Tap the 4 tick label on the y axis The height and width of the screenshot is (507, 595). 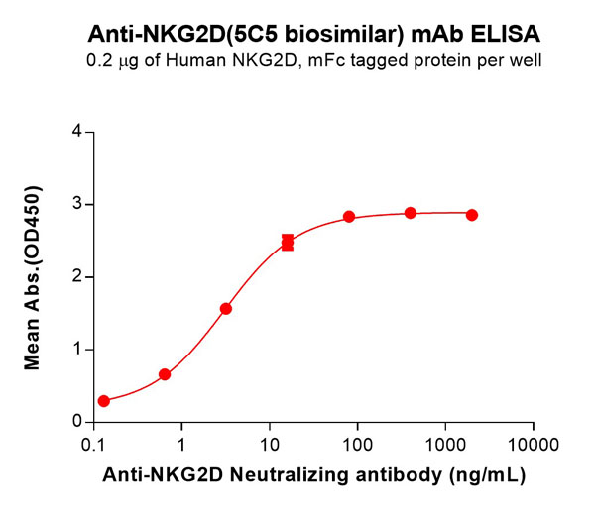click(76, 132)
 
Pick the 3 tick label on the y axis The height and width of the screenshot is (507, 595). click(76, 205)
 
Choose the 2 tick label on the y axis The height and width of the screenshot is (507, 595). click(76, 277)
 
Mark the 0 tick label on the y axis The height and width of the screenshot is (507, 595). click(76, 422)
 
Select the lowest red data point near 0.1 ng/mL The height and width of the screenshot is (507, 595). click(104, 401)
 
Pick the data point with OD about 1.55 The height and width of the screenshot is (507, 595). click(226, 309)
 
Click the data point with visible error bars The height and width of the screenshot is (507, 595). click(288, 243)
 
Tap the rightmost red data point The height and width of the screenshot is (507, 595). click(472, 215)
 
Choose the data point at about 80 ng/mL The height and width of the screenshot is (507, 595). click(349, 217)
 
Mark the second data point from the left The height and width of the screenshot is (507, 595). click(165, 374)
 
